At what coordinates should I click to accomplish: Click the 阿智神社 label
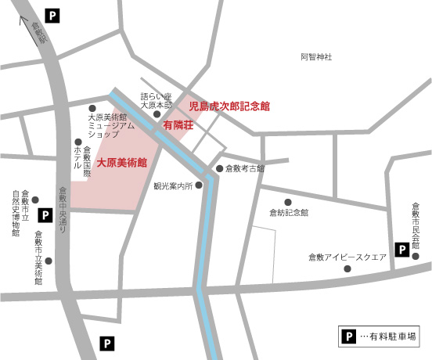tap(316, 57)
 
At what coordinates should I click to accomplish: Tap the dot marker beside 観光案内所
tap(199, 185)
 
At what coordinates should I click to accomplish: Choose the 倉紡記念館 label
tap(289, 212)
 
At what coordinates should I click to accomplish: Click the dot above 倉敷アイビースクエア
tap(348, 268)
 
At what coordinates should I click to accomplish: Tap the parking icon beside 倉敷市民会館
tap(401, 250)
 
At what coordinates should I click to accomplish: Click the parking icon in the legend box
tap(348, 336)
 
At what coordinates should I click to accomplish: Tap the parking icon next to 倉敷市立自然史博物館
tap(45, 214)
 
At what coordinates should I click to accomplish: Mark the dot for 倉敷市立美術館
tap(49, 261)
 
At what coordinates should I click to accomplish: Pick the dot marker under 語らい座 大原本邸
tap(157, 113)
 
